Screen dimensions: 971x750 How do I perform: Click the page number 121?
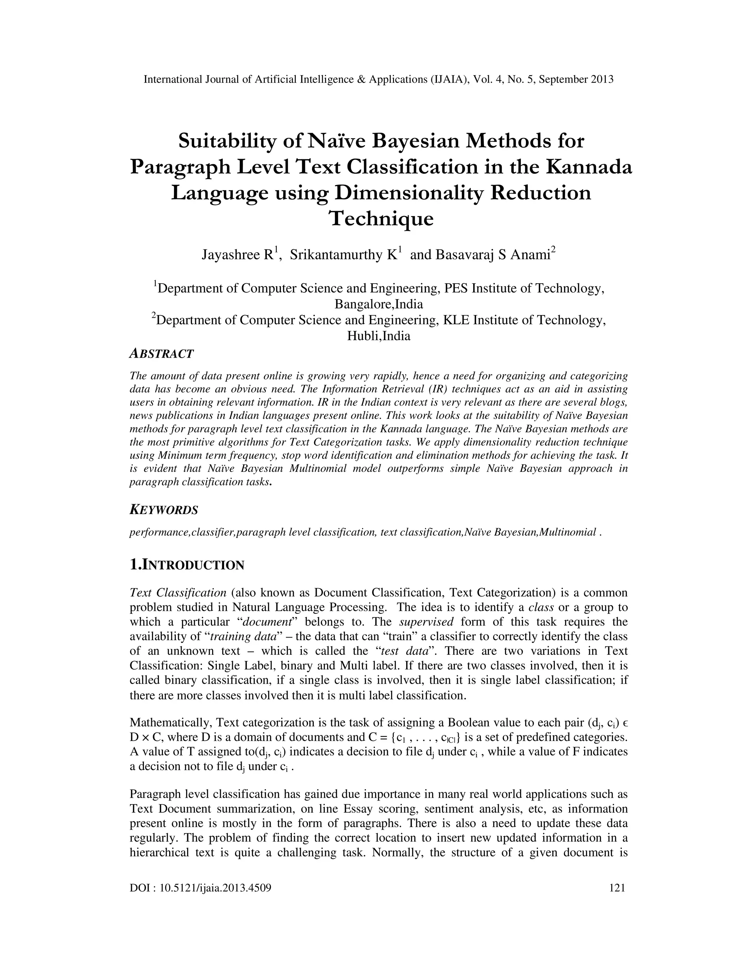click(617, 888)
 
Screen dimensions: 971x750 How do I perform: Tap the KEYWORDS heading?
click(163, 510)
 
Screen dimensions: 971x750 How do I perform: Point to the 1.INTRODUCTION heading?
click(187, 565)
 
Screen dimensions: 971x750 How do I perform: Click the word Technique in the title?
click(381, 218)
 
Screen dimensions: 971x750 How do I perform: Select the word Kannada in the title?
click(588, 167)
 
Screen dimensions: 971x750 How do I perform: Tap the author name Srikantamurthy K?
click(343, 255)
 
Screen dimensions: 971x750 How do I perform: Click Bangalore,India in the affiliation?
click(379, 304)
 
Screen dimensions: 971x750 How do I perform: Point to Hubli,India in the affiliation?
click(379, 336)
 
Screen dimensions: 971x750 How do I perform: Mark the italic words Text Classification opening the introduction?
click(178, 592)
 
